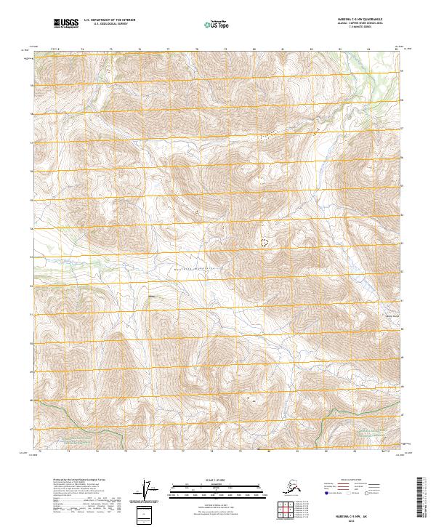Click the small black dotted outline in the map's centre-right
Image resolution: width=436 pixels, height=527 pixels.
point(264,241)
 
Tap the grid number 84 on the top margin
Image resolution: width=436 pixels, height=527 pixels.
point(368,49)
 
